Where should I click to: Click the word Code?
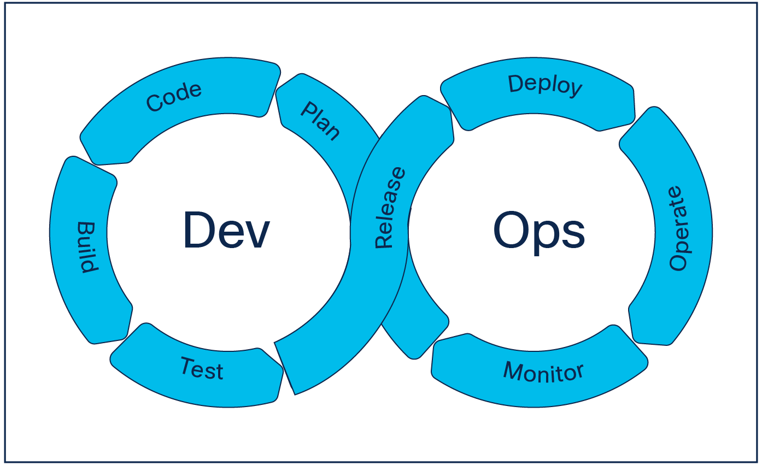174,98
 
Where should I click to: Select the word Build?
87,247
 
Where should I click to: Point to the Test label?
202,368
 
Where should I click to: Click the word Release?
391,208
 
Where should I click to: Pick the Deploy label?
545,86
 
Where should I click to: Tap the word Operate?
677,228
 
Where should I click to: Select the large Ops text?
539,231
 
